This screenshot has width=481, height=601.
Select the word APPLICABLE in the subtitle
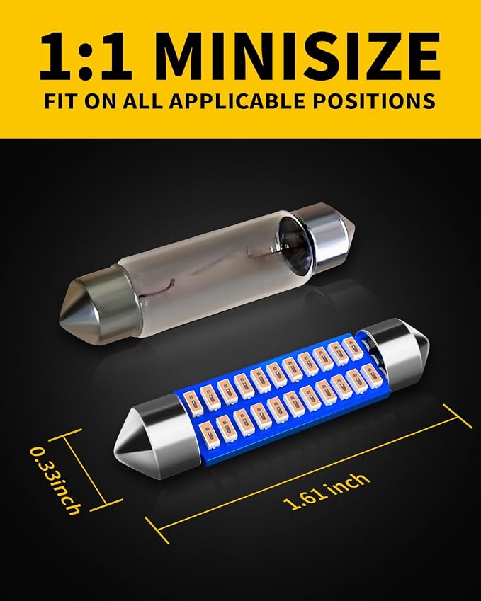237,101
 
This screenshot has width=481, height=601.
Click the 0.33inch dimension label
56,481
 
